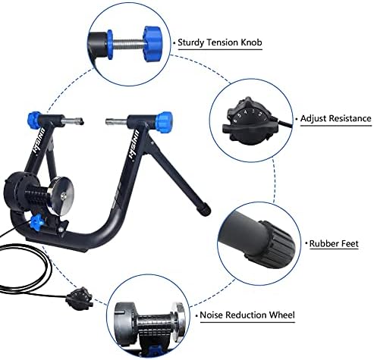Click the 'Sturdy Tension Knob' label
220,42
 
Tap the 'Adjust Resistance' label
336,118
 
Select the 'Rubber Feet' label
334,243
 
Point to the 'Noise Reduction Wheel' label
247,315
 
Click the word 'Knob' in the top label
251,42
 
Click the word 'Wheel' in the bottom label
282,315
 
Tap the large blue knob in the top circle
152,43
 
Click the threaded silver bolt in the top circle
127,44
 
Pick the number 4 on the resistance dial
245,112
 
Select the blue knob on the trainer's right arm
164,120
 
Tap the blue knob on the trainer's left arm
34,120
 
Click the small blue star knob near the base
36,222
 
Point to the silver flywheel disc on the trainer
61,196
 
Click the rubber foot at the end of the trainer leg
204,209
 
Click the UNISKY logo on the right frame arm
135,146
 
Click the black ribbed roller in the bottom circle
154,327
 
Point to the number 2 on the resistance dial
259,114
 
